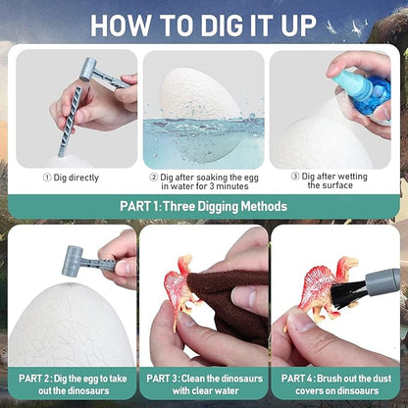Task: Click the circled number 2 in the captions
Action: [x=154, y=178]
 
